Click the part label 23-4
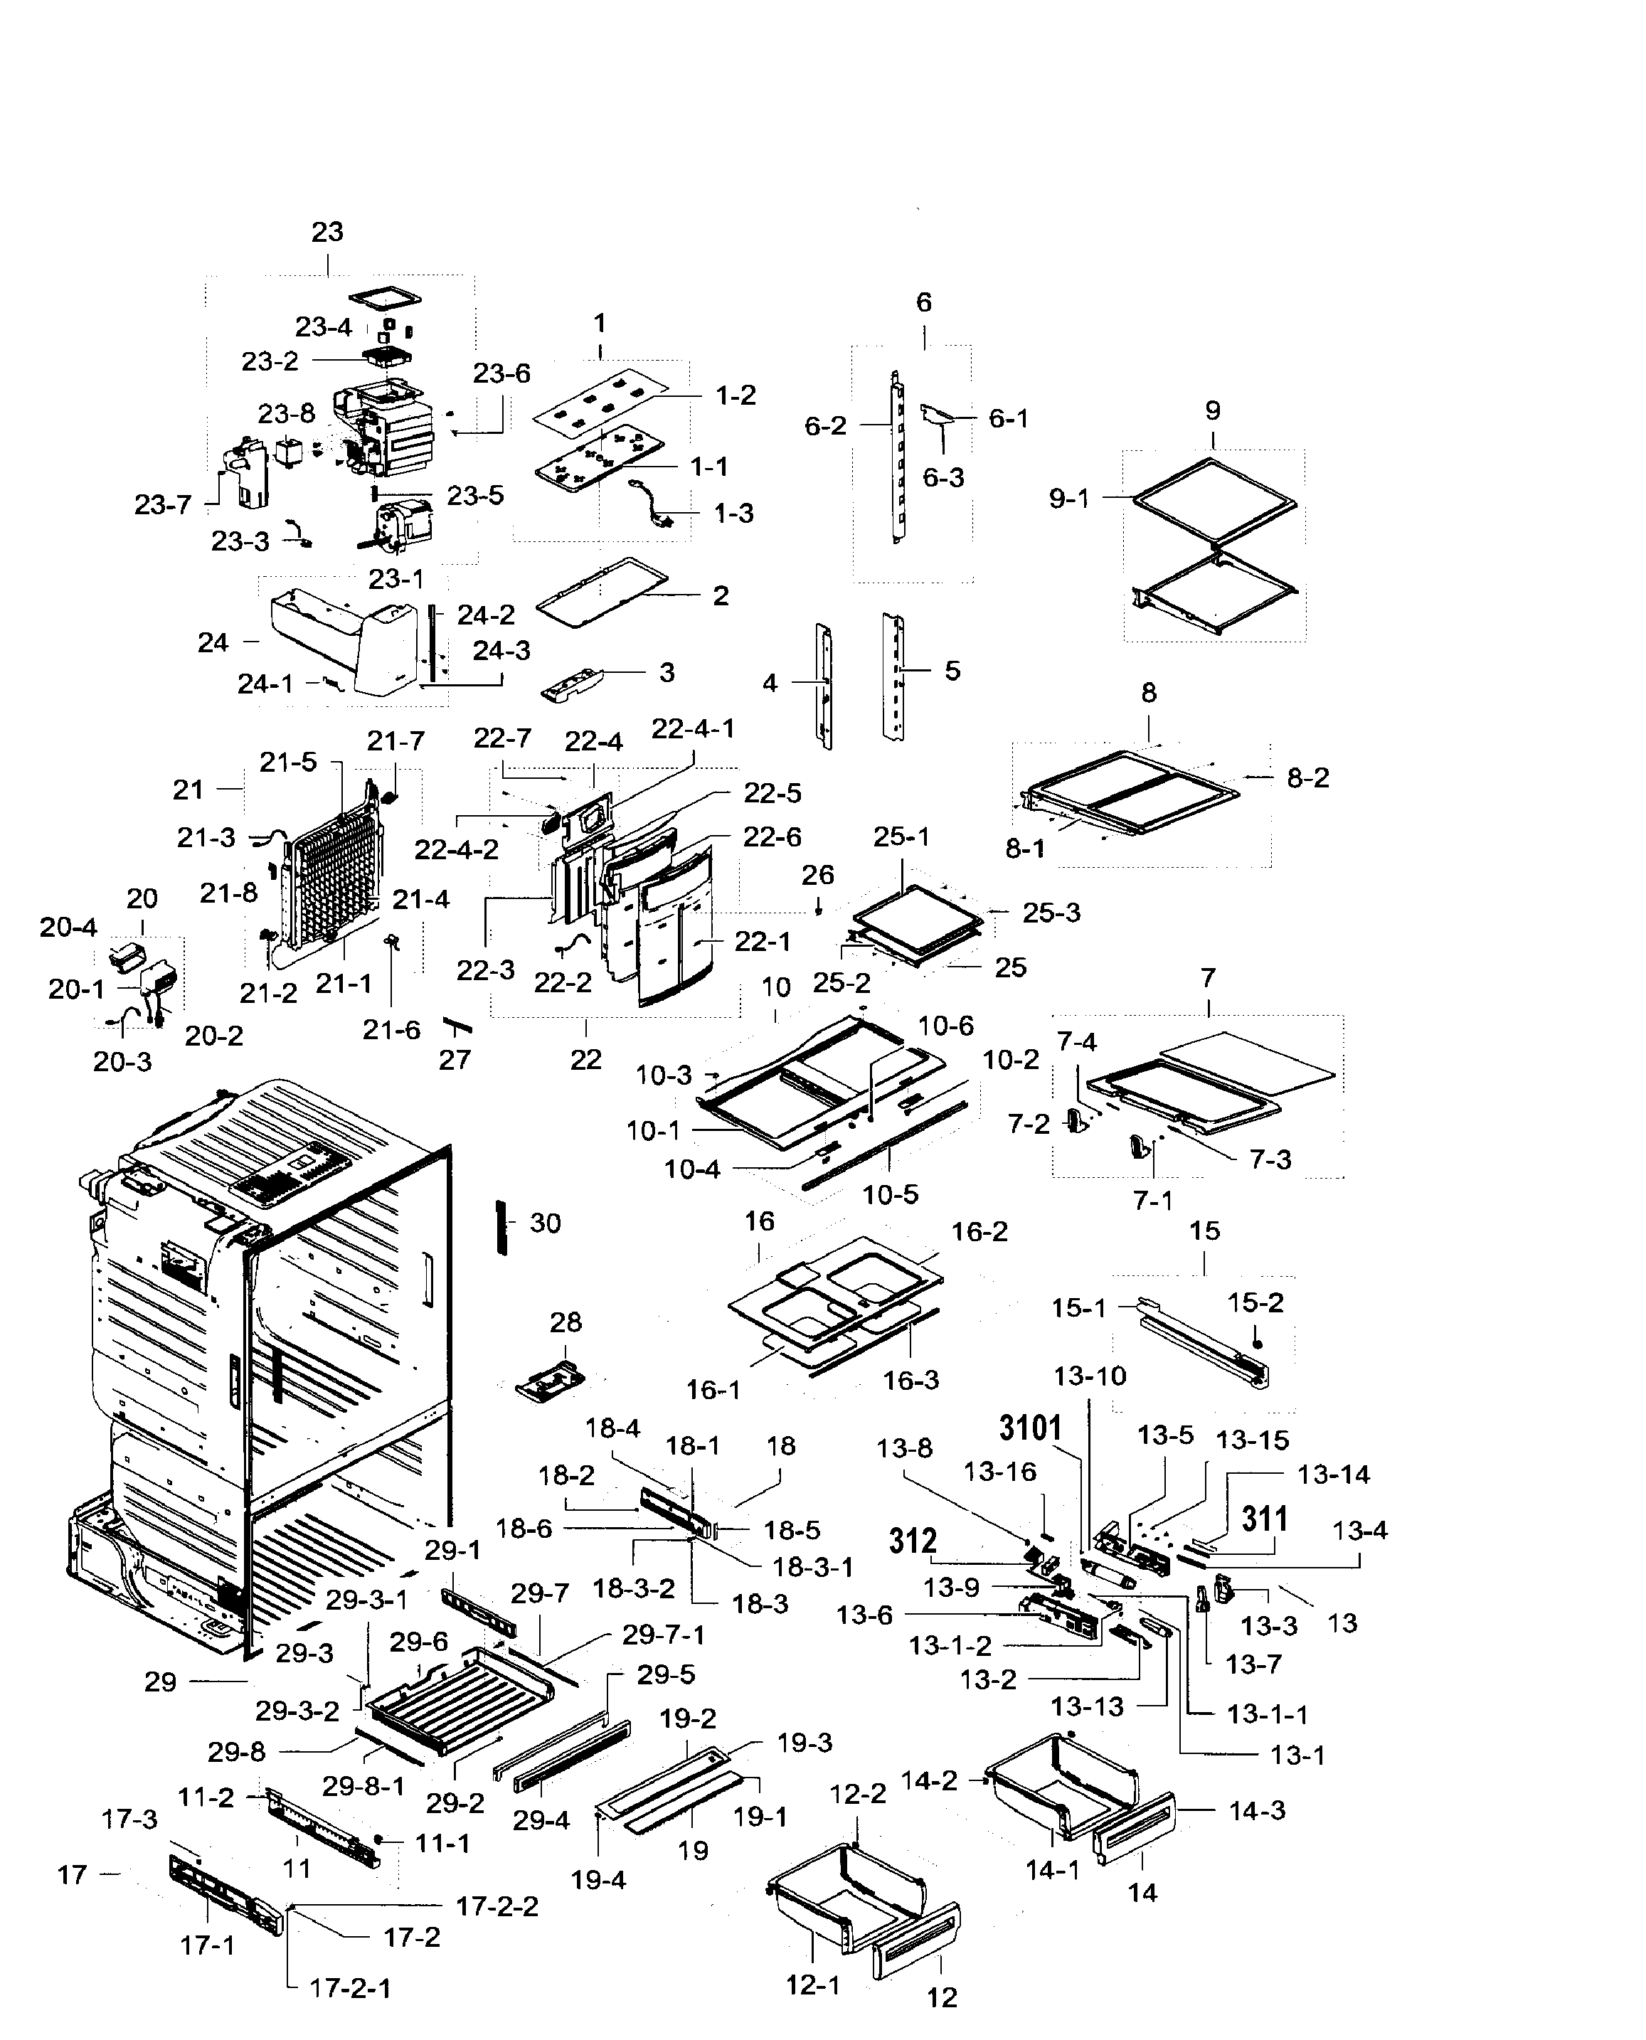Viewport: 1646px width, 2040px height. point(324,327)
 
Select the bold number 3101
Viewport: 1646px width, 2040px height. point(1031,1428)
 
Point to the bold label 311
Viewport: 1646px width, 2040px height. point(1265,1519)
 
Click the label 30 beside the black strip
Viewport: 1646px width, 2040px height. point(545,1223)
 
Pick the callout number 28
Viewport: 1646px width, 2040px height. point(566,1322)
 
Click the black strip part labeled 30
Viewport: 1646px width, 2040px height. point(502,1227)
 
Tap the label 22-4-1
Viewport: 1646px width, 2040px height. point(693,729)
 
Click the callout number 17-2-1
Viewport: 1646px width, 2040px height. point(350,1988)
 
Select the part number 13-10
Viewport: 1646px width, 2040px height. point(1090,1376)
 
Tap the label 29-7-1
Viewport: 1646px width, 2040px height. point(664,1635)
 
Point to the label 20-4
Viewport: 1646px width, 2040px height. point(68,927)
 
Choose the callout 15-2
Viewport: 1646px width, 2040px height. point(1255,1302)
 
